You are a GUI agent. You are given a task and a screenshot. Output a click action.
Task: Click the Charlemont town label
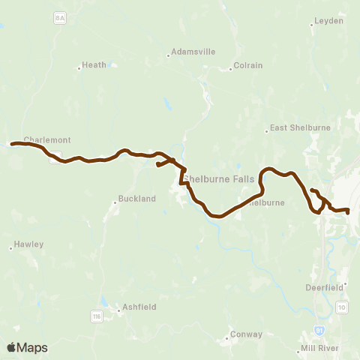46,139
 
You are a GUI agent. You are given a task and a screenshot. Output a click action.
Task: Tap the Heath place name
94,65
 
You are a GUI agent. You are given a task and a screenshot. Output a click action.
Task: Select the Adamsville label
193,52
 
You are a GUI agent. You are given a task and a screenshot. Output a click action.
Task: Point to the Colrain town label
248,65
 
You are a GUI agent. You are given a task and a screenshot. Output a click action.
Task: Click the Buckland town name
136,199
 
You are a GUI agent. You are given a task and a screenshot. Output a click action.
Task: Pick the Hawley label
30,244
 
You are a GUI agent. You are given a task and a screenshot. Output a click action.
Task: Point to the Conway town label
247,334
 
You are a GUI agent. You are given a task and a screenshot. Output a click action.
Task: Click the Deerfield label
324,286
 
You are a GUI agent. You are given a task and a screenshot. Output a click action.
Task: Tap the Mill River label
322,348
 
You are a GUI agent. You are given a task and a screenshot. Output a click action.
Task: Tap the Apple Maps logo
27,347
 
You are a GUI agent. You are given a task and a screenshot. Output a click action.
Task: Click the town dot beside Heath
79,68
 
